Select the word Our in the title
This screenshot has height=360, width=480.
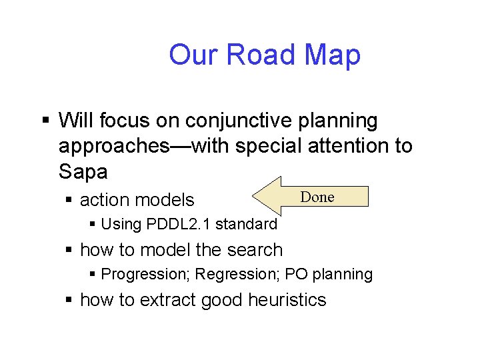click(x=192, y=55)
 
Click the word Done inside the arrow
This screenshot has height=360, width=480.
click(x=317, y=197)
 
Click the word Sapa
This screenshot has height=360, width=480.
click(x=83, y=171)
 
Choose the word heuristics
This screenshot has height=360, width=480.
click(x=287, y=300)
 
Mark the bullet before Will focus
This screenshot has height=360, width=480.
click(x=45, y=121)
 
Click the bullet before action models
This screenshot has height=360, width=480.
click(x=69, y=200)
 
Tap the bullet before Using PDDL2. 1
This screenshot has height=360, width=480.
click(x=93, y=225)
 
